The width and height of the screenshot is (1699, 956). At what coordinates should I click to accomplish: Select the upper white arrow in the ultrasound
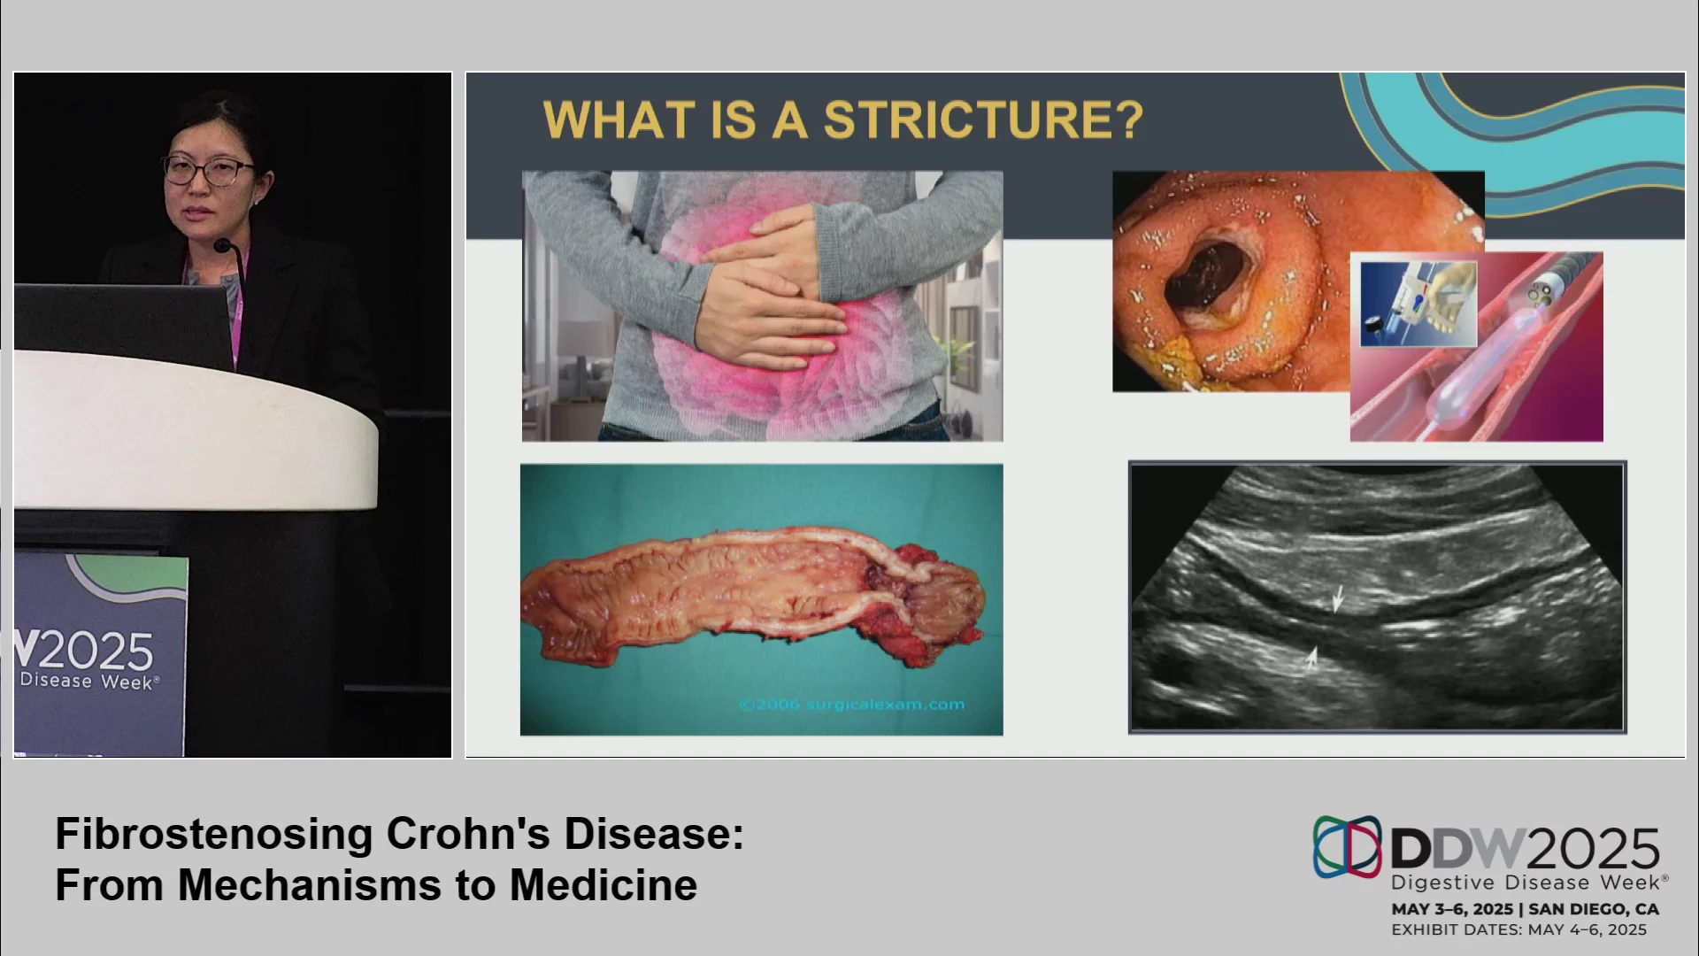pyautogui.click(x=1338, y=598)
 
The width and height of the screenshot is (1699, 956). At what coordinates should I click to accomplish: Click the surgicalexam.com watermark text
pyautogui.click(x=851, y=705)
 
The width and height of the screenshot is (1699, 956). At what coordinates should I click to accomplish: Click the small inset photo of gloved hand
pyautogui.click(x=1418, y=304)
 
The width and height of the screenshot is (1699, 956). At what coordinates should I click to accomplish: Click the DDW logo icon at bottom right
pyautogui.click(x=1347, y=846)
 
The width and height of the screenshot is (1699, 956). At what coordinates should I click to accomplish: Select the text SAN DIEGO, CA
pyautogui.click(x=1594, y=909)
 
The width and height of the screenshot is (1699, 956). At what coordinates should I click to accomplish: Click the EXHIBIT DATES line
pyautogui.click(x=1519, y=929)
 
